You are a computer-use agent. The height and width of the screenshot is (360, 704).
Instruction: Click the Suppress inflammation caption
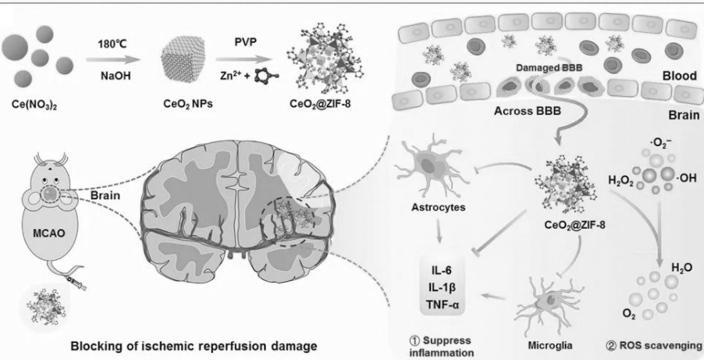[x=443, y=346]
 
